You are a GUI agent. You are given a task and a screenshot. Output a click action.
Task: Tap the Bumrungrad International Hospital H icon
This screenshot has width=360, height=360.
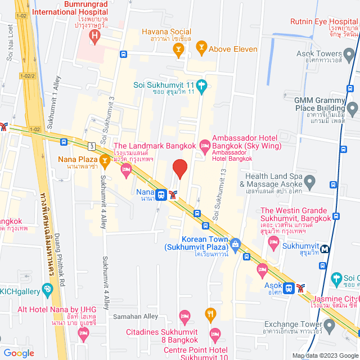click(x=94, y=38)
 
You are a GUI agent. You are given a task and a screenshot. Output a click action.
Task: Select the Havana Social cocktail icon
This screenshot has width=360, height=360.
click(x=178, y=49)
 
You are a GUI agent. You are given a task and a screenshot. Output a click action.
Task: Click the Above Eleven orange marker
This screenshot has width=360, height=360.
click(x=202, y=49)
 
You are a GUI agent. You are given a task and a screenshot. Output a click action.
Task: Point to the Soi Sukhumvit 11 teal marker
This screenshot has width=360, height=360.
click(x=202, y=85)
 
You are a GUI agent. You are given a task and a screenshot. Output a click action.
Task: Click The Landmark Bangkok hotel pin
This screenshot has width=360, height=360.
click(x=125, y=169)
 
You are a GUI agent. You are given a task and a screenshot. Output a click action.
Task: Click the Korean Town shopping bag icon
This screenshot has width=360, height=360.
click(x=235, y=243)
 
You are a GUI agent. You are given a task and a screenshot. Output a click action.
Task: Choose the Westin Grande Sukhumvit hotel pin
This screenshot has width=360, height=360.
click(x=273, y=242)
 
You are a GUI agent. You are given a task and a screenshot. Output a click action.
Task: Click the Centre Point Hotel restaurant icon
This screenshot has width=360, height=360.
click(x=211, y=313)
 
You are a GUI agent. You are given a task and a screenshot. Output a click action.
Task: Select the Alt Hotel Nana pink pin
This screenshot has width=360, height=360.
click(x=84, y=334)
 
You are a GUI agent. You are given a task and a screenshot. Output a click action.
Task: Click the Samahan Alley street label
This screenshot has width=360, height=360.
click(x=136, y=317)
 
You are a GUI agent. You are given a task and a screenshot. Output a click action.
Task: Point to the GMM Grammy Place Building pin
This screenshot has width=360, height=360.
click(x=352, y=107)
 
